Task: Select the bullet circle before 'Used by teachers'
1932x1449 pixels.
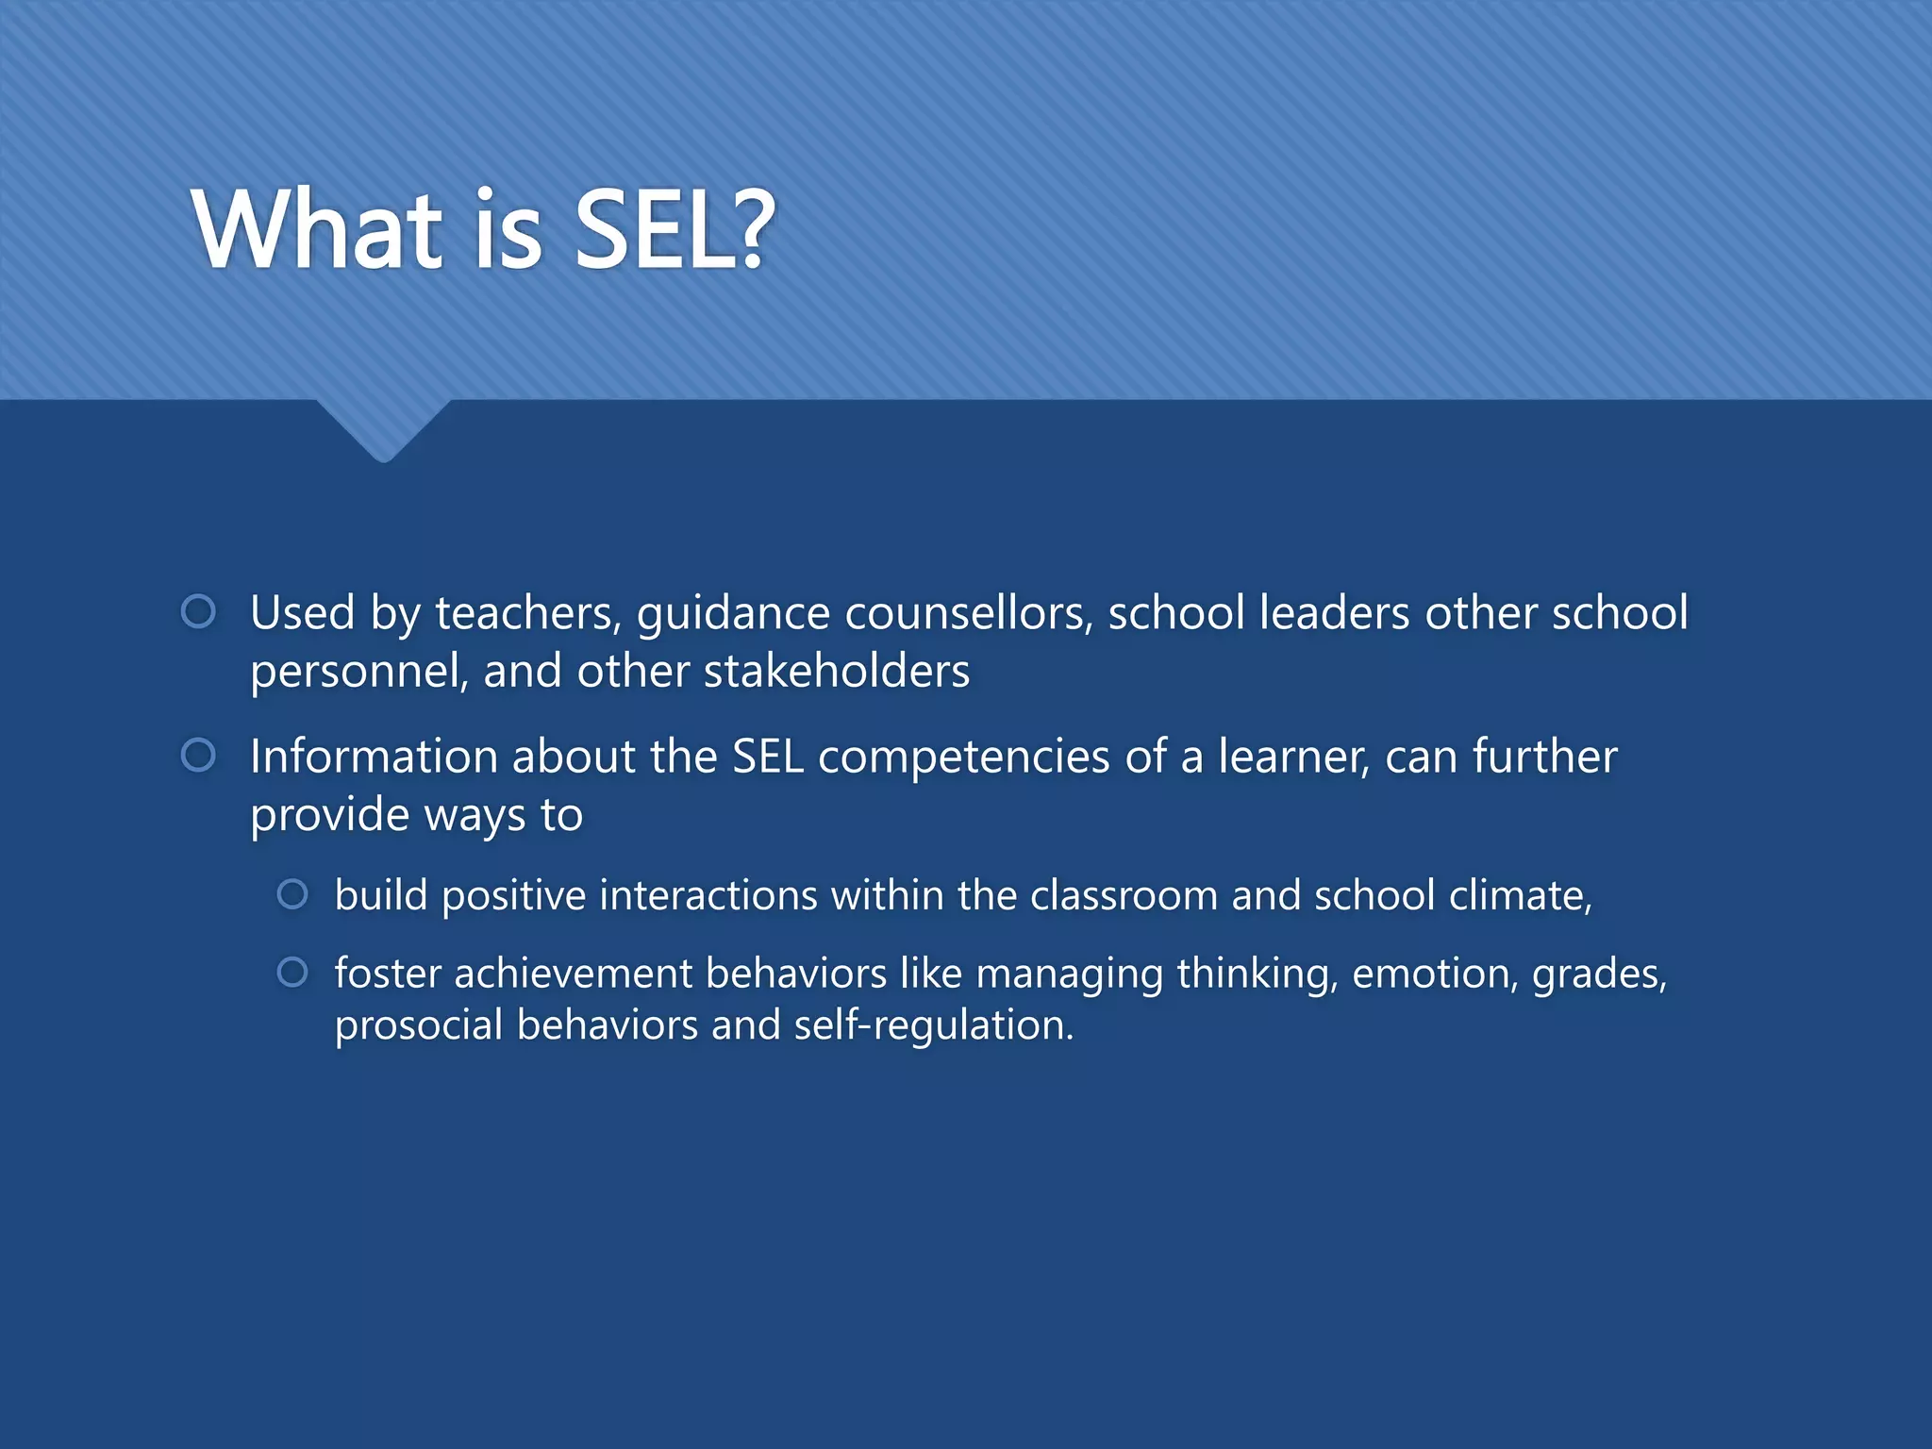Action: click(x=198, y=612)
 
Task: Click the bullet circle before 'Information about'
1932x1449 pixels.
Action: click(x=198, y=756)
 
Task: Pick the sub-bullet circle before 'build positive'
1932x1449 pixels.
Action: click(x=292, y=894)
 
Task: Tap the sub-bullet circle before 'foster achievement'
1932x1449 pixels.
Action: click(x=292, y=973)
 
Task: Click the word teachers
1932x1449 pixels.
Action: click(x=527, y=613)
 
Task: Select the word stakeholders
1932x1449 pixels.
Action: click(x=837, y=672)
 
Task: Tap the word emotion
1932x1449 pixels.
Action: click(x=1435, y=974)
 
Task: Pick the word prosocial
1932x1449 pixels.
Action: click(x=419, y=1026)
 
